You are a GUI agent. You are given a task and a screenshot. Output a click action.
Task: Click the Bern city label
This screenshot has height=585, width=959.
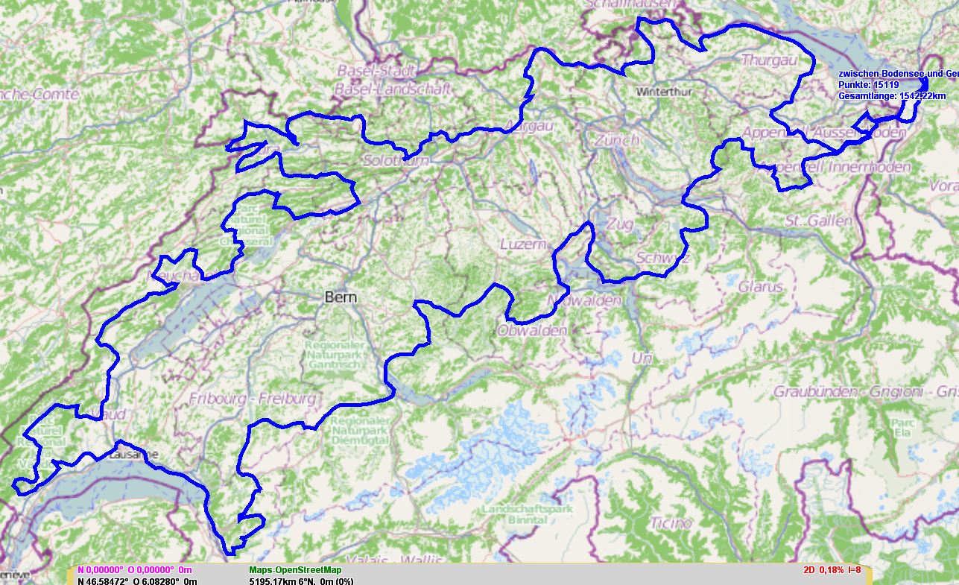(x=341, y=297)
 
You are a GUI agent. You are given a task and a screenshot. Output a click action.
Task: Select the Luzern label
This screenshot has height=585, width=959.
(x=523, y=244)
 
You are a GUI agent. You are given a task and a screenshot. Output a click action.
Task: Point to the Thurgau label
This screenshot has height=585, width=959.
(x=769, y=60)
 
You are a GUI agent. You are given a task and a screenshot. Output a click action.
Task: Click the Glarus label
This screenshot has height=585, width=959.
(x=761, y=286)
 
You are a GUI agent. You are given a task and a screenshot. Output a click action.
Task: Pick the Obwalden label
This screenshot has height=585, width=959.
(x=532, y=330)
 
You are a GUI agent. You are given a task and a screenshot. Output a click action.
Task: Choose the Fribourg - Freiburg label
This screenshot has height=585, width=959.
(x=252, y=399)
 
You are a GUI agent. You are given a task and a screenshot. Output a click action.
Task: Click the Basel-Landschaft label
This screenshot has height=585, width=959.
(x=393, y=89)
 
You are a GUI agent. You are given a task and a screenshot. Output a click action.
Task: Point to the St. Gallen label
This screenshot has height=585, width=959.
(x=818, y=221)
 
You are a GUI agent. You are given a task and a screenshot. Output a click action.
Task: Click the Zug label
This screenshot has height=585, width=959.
(x=619, y=224)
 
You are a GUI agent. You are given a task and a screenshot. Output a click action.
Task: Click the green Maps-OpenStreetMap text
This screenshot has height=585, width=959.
(x=295, y=570)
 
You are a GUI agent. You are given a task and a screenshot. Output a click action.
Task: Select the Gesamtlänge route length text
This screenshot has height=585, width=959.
(x=891, y=96)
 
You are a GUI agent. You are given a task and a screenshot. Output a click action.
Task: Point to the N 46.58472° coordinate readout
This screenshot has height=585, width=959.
(x=137, y=581)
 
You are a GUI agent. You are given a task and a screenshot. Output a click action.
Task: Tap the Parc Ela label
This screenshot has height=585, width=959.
(x=902, y=427)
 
